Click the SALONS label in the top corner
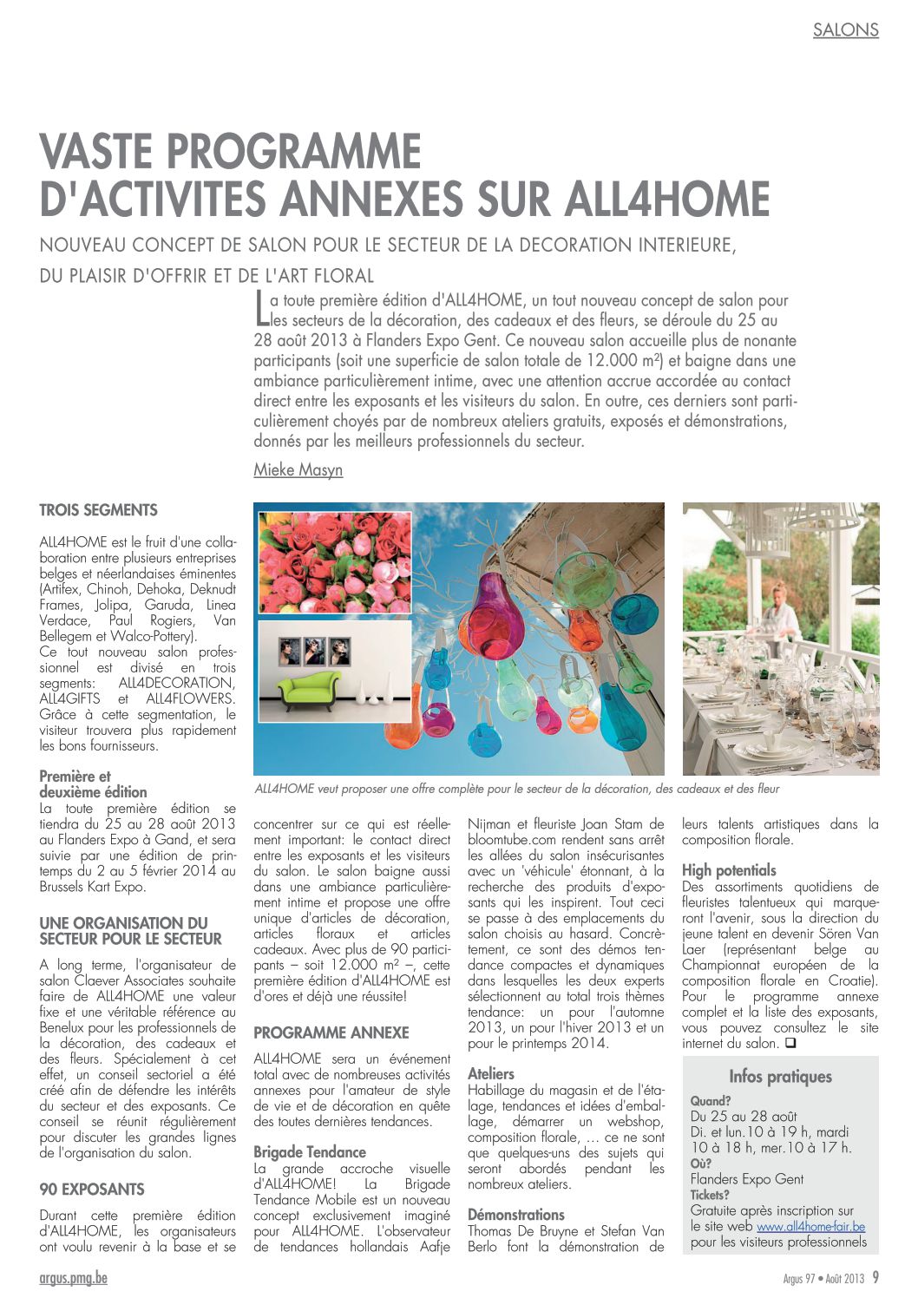tap(845, 29)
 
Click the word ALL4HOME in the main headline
tap(667, 199)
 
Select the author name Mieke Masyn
tap(298, 470)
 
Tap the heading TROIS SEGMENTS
tap(99, 510)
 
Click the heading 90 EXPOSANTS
tap(92, 1190)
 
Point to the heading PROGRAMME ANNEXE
tap(331, 1032)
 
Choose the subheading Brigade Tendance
tap(310, 1152)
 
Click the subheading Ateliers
tap(491, 1074)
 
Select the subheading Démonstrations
tap(516, 1215)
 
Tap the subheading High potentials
tap(729, 870)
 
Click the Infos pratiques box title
tap(780, 1077)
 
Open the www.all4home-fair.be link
tap(810, 1227)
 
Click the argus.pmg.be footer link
tap(74, 1278)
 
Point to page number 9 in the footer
tap(875, 1278)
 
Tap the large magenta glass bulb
tap(492, 615)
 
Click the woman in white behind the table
tap(783, 618)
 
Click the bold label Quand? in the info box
tap(711, 1101)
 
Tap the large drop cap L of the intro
tap(260, 309)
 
